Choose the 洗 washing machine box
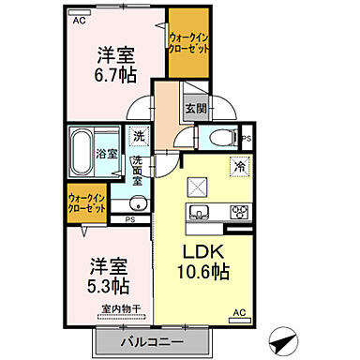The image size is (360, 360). pyautogui.click(x=139, y=137)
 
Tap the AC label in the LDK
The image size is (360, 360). pyautogui.click(x=238, y=312)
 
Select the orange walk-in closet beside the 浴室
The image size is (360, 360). pyautogui.click(x=86, y=202)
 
